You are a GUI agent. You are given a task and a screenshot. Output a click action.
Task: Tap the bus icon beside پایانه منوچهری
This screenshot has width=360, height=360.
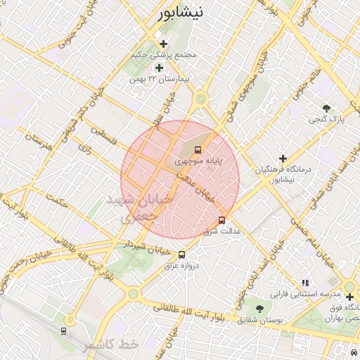pyautogui.click(x=198, y=150)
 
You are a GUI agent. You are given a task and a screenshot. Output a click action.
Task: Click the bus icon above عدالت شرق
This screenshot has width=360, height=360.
pyautogui.click(x=222, y=220)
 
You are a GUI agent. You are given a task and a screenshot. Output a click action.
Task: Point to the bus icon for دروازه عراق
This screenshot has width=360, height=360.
pyautogui.click(x=182, y=255)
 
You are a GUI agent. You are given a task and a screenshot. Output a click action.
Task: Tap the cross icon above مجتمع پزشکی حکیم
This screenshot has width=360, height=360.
pyautogui.click(x=164, y=44)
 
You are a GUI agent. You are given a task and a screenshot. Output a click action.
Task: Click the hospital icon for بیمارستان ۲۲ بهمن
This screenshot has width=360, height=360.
pyautogui.click(x=159, y=68)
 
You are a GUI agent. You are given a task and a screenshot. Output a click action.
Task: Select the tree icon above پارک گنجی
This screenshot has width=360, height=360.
pyautogui.click(x=326, y=108)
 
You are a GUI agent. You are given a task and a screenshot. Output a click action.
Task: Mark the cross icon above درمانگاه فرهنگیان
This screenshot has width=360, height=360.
pyautogui.click(x=283, y=159)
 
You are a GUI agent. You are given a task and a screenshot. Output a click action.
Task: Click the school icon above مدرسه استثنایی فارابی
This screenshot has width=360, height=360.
pyautogui.click(x=304, y=282)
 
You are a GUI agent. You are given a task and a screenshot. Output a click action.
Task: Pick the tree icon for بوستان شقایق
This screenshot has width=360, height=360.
pyautogui.click(x=260, y=309)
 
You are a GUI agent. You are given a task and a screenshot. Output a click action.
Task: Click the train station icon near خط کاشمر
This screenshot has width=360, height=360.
pyautogui.click(x=64, y=330)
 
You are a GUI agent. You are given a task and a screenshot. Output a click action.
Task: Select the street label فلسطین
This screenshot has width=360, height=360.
pyautogui.click(x=102, y=131)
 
